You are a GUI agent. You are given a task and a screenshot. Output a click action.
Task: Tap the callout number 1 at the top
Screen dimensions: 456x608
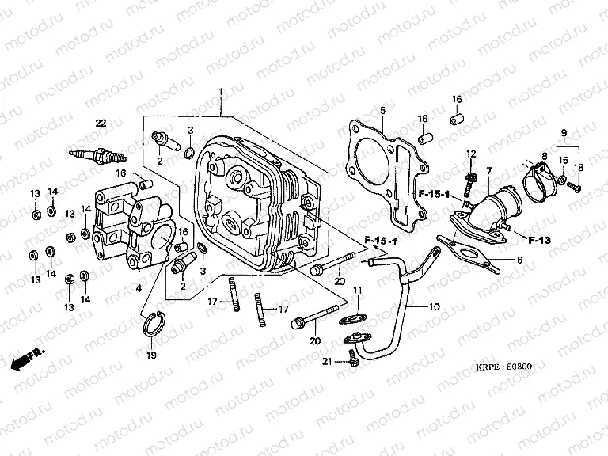click(221, 93)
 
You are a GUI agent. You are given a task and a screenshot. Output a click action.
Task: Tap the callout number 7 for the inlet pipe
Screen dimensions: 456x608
click(488, 170)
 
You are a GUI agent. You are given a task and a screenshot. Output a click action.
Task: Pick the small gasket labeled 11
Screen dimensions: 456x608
click(433, 306)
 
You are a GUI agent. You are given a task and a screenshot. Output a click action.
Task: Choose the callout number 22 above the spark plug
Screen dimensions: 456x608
click(101, 123)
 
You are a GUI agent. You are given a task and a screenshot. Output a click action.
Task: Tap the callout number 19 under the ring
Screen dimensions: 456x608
click(151, 356)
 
